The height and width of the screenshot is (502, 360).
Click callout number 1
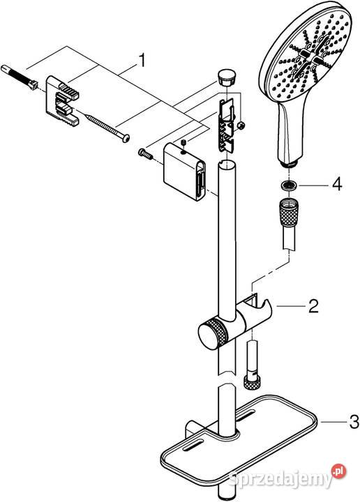tap(142, 61)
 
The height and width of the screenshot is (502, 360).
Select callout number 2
tap(313, 306)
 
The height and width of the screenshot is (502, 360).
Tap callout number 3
tap(354, 422)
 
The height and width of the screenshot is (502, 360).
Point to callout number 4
tap(337, 184)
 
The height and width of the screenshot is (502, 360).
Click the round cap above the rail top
tap(226, 77)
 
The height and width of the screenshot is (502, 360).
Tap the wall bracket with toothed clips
tap(63, 100)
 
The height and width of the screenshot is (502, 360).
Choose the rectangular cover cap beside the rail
tap(184, 172)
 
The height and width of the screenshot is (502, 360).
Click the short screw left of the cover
tap(145, 153)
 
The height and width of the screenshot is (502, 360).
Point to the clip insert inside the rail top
tap(226, 125)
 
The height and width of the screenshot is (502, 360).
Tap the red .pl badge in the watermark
tap(339, 471)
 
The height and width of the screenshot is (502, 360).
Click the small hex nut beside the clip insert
tap(242, 125)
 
